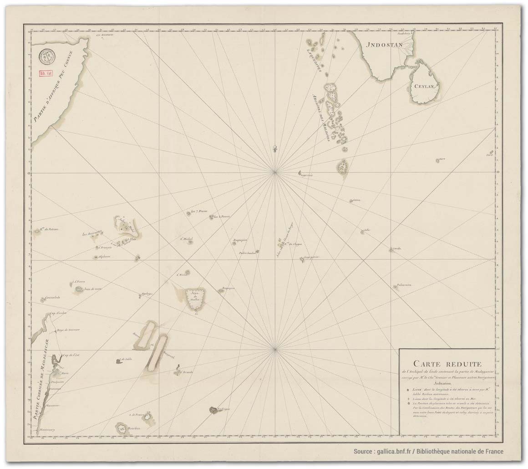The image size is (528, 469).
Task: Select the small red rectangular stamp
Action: click(x=45, y=73)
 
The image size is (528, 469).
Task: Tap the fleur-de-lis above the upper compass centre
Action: click(x=275, y=148)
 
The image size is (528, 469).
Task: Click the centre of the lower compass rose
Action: click(x=274, y=350)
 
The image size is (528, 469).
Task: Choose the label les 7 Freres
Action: click(x=199, y=211)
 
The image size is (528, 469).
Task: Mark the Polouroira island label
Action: click(x=405, y=285)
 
